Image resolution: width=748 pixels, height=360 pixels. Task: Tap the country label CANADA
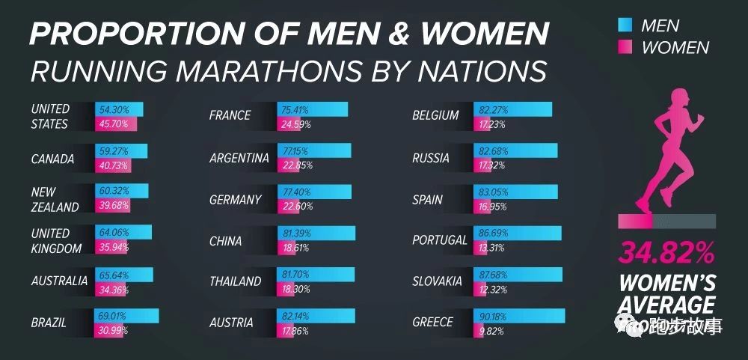(52, 159)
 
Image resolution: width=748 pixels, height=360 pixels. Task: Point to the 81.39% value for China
(295, 234)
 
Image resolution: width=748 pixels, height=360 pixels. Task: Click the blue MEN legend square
(625, 25)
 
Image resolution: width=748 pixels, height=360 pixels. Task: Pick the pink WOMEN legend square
(625, 47)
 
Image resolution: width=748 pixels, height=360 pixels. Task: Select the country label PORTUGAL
(439, 241)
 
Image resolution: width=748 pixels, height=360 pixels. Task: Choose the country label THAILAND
(236, 281)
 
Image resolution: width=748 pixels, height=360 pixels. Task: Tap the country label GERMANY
(236, 200)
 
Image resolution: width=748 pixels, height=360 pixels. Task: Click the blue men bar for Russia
(515, 151)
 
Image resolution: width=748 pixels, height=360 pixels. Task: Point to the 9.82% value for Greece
(491, 330)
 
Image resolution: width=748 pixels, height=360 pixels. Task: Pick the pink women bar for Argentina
(295, 165)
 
